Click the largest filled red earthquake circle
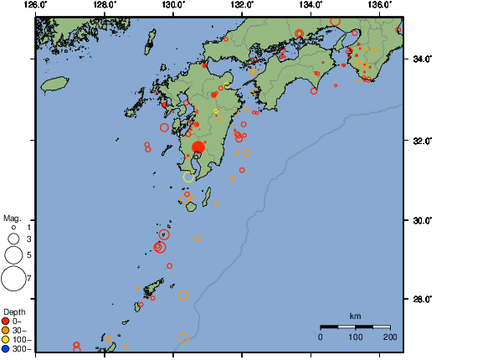tap(198, 147)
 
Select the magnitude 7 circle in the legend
tap(14, 277)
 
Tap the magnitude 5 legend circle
tap(14, 254)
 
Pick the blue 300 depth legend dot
tap(6, 348)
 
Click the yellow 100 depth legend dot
tap(6, 339)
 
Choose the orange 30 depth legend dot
tap(6, 330)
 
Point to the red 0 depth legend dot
tap(6, 321)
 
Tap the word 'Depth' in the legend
tap(14, 311)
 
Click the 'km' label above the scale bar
tap(355, 316)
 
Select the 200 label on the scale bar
tap(389, 337)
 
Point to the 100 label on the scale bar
tap(355, 337)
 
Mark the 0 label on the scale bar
tap(321, 337)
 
